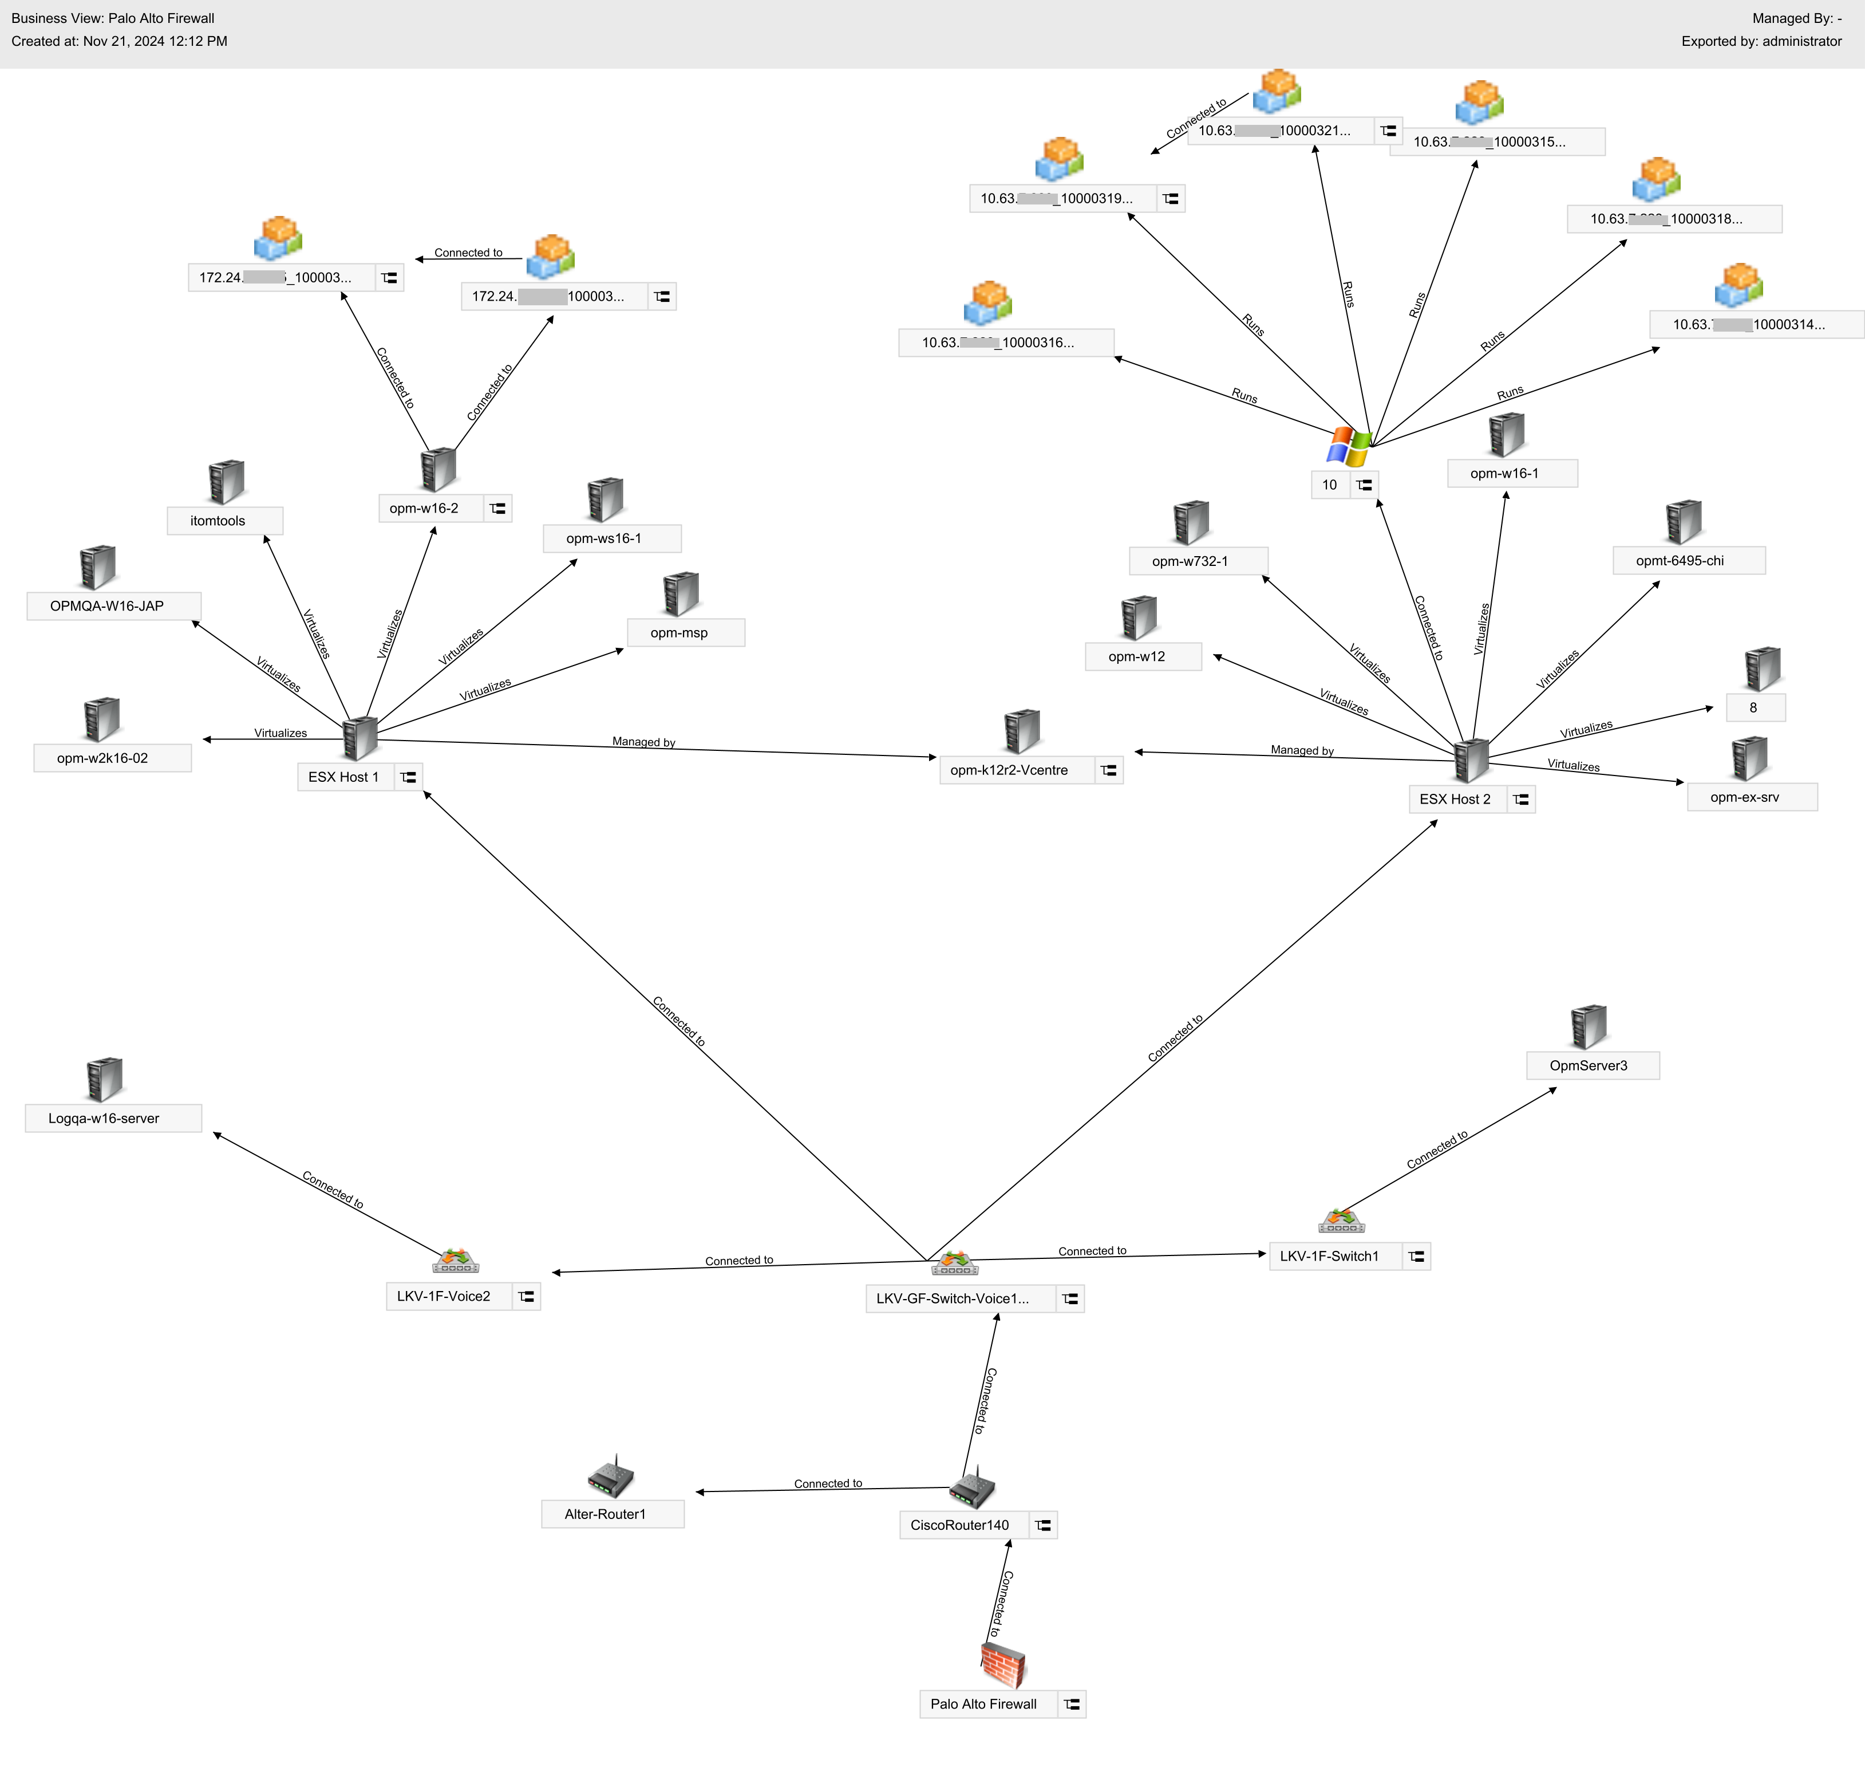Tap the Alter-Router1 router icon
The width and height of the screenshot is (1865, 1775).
(610, 1476)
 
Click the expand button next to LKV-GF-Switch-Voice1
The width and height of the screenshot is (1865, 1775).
(1070, 1299)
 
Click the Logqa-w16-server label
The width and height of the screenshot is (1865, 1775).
(104, 1119)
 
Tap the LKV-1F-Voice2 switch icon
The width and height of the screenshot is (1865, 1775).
(456, 1261)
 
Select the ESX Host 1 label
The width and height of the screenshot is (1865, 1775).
(343, 777)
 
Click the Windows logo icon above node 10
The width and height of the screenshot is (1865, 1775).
(1349, 447)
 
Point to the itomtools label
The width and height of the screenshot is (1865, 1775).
(218, 521)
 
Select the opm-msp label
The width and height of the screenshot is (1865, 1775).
(679, 633)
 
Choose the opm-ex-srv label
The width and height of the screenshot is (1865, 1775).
(1744, 798)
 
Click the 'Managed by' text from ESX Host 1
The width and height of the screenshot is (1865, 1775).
(643, 742)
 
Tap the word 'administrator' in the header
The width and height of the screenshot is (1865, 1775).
(1801, 42)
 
